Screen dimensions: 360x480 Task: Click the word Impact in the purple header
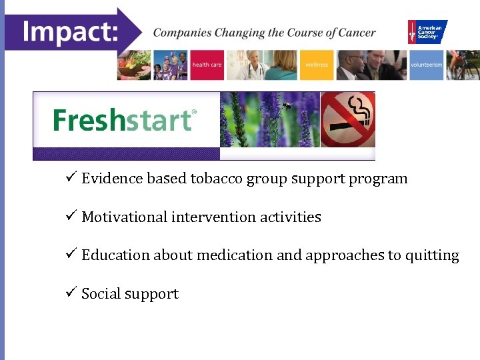click(x=69, y=31)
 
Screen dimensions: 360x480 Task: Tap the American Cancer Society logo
click(x=427, y=31)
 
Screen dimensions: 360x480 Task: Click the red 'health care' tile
click(x=207, y=65)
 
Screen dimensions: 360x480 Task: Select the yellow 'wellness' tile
click(x=317, y=65)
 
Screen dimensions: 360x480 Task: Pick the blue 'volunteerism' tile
click(x=426, y=65)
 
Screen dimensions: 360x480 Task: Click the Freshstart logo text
click(x=123, y=121)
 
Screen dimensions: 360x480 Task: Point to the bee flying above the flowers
click(x=287, y=105)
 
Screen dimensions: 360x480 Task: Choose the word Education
click(x=115, y=255)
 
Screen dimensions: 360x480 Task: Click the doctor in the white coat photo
click(x=254, y=65)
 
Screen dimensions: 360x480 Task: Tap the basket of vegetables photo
click(x=133, y=65)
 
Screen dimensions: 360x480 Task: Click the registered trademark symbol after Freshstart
click(x=194, y=112)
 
